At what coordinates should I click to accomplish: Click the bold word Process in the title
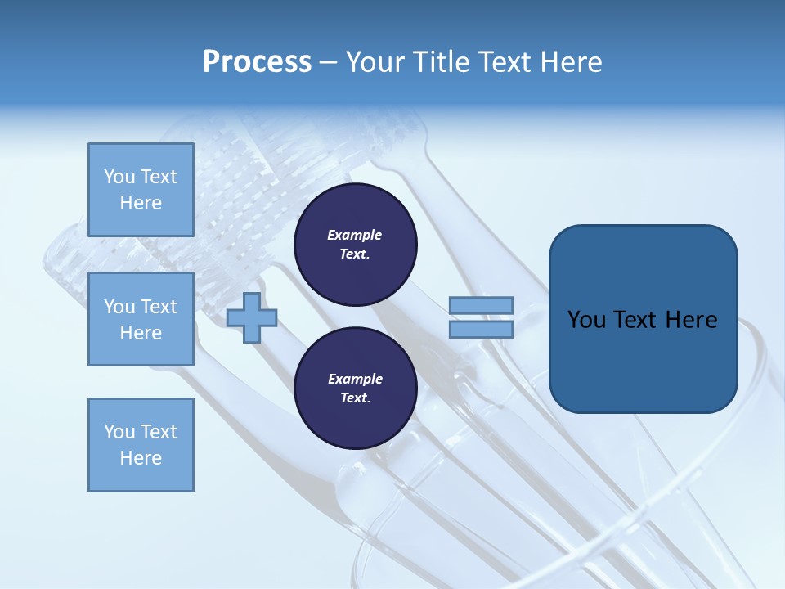[257, 62]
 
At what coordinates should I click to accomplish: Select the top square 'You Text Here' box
[141, 190]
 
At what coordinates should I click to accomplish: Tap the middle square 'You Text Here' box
[141, 319]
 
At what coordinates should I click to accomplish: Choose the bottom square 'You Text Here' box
[141, 445]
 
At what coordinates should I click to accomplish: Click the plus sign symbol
[252, 318]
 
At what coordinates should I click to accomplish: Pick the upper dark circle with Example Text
[355, 244]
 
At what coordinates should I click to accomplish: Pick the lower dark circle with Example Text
[355, 389]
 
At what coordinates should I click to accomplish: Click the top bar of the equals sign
[481, 306]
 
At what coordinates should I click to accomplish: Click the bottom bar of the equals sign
[481, 330]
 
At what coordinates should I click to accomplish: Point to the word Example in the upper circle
[355, 235]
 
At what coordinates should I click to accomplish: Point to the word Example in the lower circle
[355, 379]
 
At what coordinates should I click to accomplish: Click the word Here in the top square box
[141, 203]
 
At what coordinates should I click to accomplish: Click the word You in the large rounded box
[587, 320]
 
